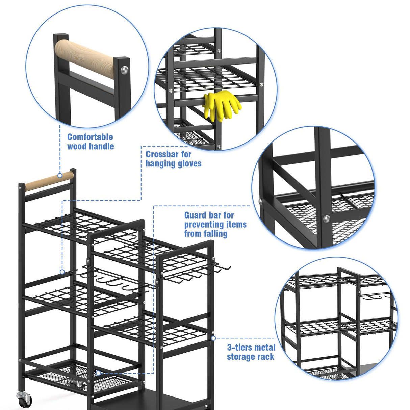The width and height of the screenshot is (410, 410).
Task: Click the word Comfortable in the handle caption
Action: [90, 137]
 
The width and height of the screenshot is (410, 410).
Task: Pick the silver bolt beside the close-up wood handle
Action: [125, 70]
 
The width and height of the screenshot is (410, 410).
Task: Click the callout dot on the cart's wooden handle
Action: [60, 175]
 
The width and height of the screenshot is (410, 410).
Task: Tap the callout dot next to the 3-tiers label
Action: [213, 338]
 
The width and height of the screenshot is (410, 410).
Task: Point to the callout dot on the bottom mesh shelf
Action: [98, 373]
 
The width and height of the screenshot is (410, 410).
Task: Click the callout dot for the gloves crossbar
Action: [62, 272]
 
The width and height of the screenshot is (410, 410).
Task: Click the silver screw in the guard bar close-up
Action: [326, 219]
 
